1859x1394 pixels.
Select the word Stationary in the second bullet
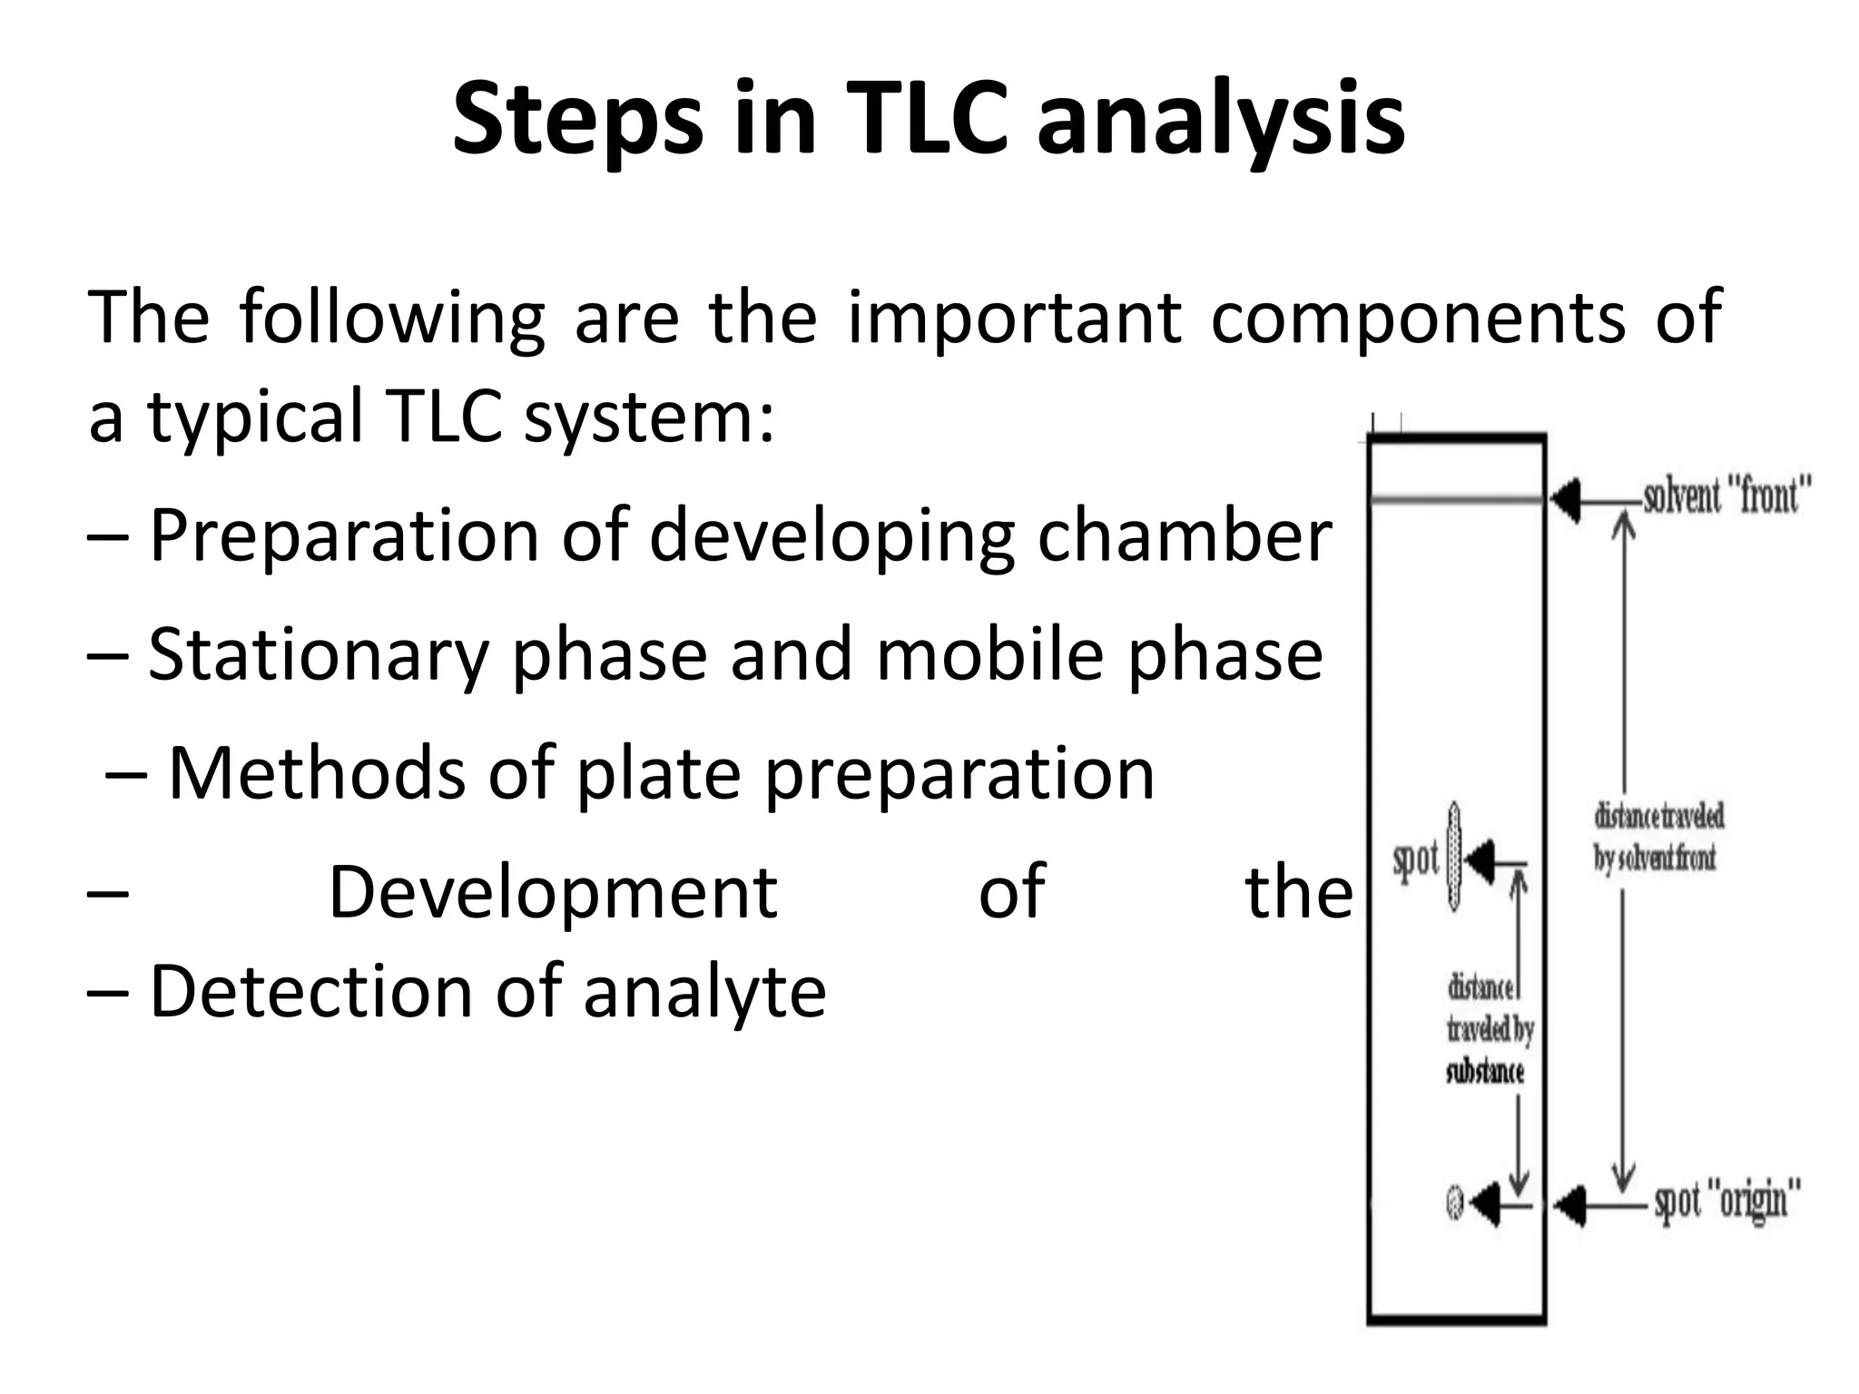(319, 655)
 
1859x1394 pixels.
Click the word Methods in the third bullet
(317, 773)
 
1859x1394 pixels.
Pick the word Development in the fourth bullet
(552, 893)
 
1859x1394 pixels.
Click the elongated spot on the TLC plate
(1454, 857)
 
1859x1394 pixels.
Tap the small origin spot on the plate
(1454, 1203)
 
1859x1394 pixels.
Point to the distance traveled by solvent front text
(1657, 837)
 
